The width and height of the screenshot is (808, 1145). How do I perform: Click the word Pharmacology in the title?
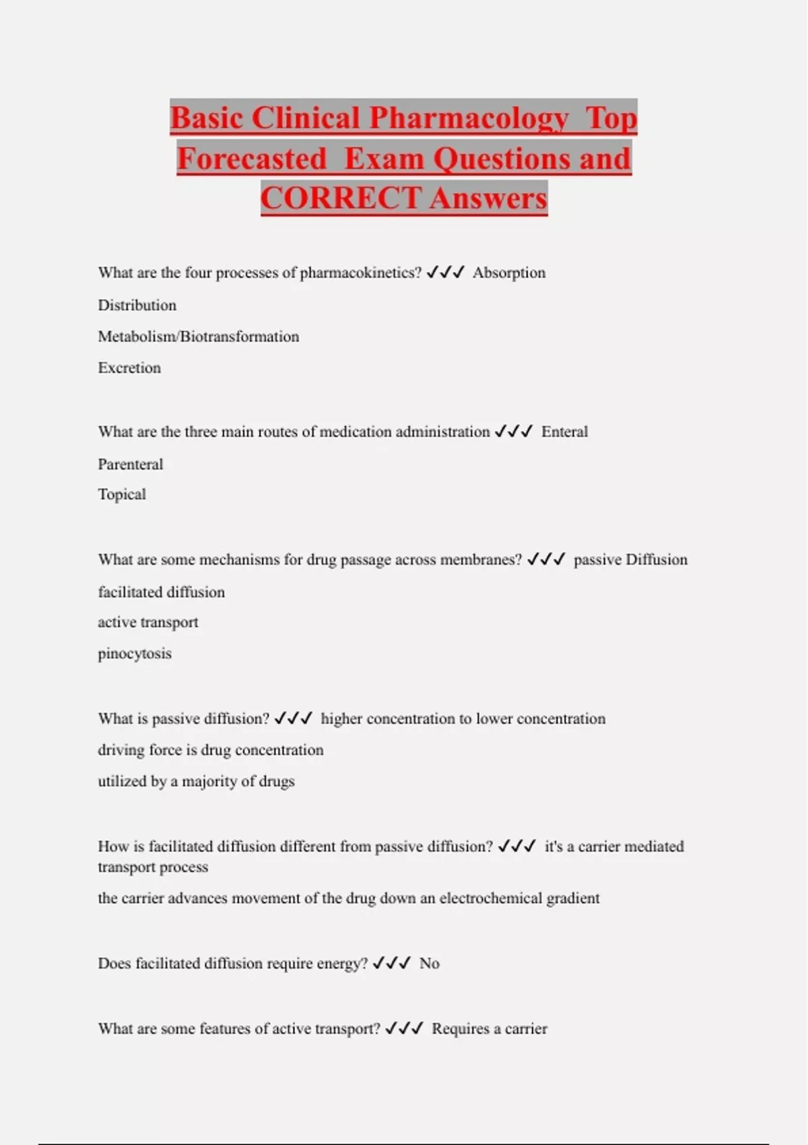click(469, 119)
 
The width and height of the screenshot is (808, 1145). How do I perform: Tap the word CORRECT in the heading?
click(341, 198)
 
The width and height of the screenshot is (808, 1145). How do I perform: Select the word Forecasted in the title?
click(252, 159)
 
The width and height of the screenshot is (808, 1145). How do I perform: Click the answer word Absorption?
click(509, 273)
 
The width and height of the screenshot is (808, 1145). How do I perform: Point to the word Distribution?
click(137, 305)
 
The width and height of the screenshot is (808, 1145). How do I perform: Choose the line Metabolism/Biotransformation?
click(199, 337)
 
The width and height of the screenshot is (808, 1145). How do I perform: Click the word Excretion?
click(129, 368)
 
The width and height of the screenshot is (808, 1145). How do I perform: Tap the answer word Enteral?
click(564, 432)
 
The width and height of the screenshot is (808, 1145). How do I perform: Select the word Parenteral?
click(131, 464)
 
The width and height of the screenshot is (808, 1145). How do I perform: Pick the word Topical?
click(122, 494)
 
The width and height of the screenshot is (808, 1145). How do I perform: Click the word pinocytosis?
click(135, 653)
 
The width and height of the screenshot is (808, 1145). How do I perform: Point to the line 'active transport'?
click(148, 622)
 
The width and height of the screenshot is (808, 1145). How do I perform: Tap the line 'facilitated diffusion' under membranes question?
click(162, 592)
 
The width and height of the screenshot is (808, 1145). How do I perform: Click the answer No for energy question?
click(429, 964)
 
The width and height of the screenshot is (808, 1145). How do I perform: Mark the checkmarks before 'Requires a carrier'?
click(404, 1028)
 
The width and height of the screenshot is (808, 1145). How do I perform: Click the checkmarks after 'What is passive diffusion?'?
click(293, 719)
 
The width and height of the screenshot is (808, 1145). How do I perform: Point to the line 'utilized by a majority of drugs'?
click(197, 781)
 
